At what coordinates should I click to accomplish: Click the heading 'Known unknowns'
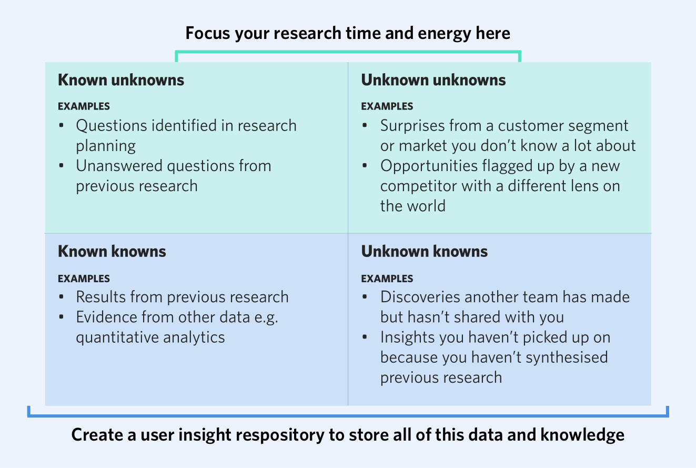point(121,80)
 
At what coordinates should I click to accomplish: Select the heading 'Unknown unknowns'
point(433,80)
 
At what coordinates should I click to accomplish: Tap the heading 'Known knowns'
point(112,252)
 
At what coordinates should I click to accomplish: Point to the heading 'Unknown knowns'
point(424,252)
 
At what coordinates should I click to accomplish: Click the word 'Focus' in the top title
point(208,34)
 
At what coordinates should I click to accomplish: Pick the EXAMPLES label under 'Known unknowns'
point(84,106)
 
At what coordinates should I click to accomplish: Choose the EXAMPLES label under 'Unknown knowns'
point(387,279)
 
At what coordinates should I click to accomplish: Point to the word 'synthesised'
point(567,357)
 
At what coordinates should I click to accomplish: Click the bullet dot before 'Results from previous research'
point(62,297)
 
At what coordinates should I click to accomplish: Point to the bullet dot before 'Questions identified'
point(62,126)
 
